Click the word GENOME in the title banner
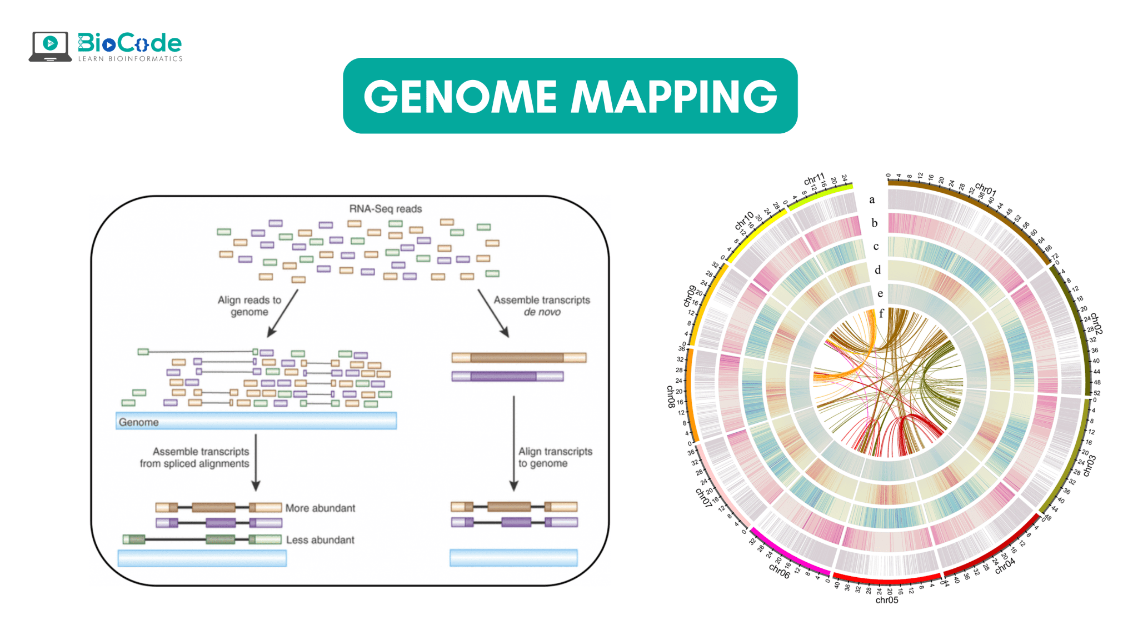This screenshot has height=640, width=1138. pyautogui.click(x=460, y=97)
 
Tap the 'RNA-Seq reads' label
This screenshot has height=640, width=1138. pyautogui.click(x=385, y=209)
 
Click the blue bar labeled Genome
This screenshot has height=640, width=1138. pyautogui.click(x=256, y=421)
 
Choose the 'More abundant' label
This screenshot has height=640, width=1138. pyautogui.click(x=320, y=508)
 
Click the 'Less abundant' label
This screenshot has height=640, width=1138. pyautogui.click(x=320, y=539)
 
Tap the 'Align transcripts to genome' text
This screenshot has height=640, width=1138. pyautogui.click(x=555, y=457)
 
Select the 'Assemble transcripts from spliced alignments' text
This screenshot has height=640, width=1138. pyautogui.click(x=194, y=457)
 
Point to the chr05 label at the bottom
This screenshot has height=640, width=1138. pyautogui.click(x=887, y=600)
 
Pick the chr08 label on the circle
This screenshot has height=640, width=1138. pyautogui.click(x=671, y=397)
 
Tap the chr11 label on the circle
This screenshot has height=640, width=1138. pyautogui.click(x=814, y=179)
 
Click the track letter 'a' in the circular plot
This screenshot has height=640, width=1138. pyautogui.click(x=872, y=199)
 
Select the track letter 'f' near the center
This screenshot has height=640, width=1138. pyautogui.click(x=881, y=313)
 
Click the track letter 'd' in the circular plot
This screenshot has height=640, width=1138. pyautogui.click(x=877, y=270)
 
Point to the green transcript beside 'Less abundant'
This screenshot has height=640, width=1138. pyautogui.click(x=202, y=539)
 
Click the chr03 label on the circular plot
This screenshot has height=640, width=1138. pyautogui.click(x=1090, y=466)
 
